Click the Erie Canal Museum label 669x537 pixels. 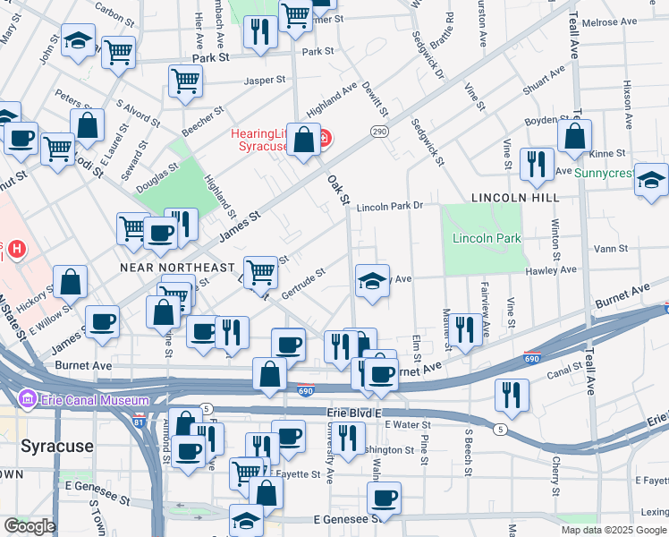[85, 398]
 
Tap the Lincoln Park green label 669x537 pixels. [487, 239]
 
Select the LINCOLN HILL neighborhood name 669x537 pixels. [514, 197]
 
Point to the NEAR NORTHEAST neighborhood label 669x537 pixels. [177, 268]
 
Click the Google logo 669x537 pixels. [30, 526]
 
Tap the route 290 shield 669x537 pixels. [378, 132]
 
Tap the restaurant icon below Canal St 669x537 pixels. [511, 394]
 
